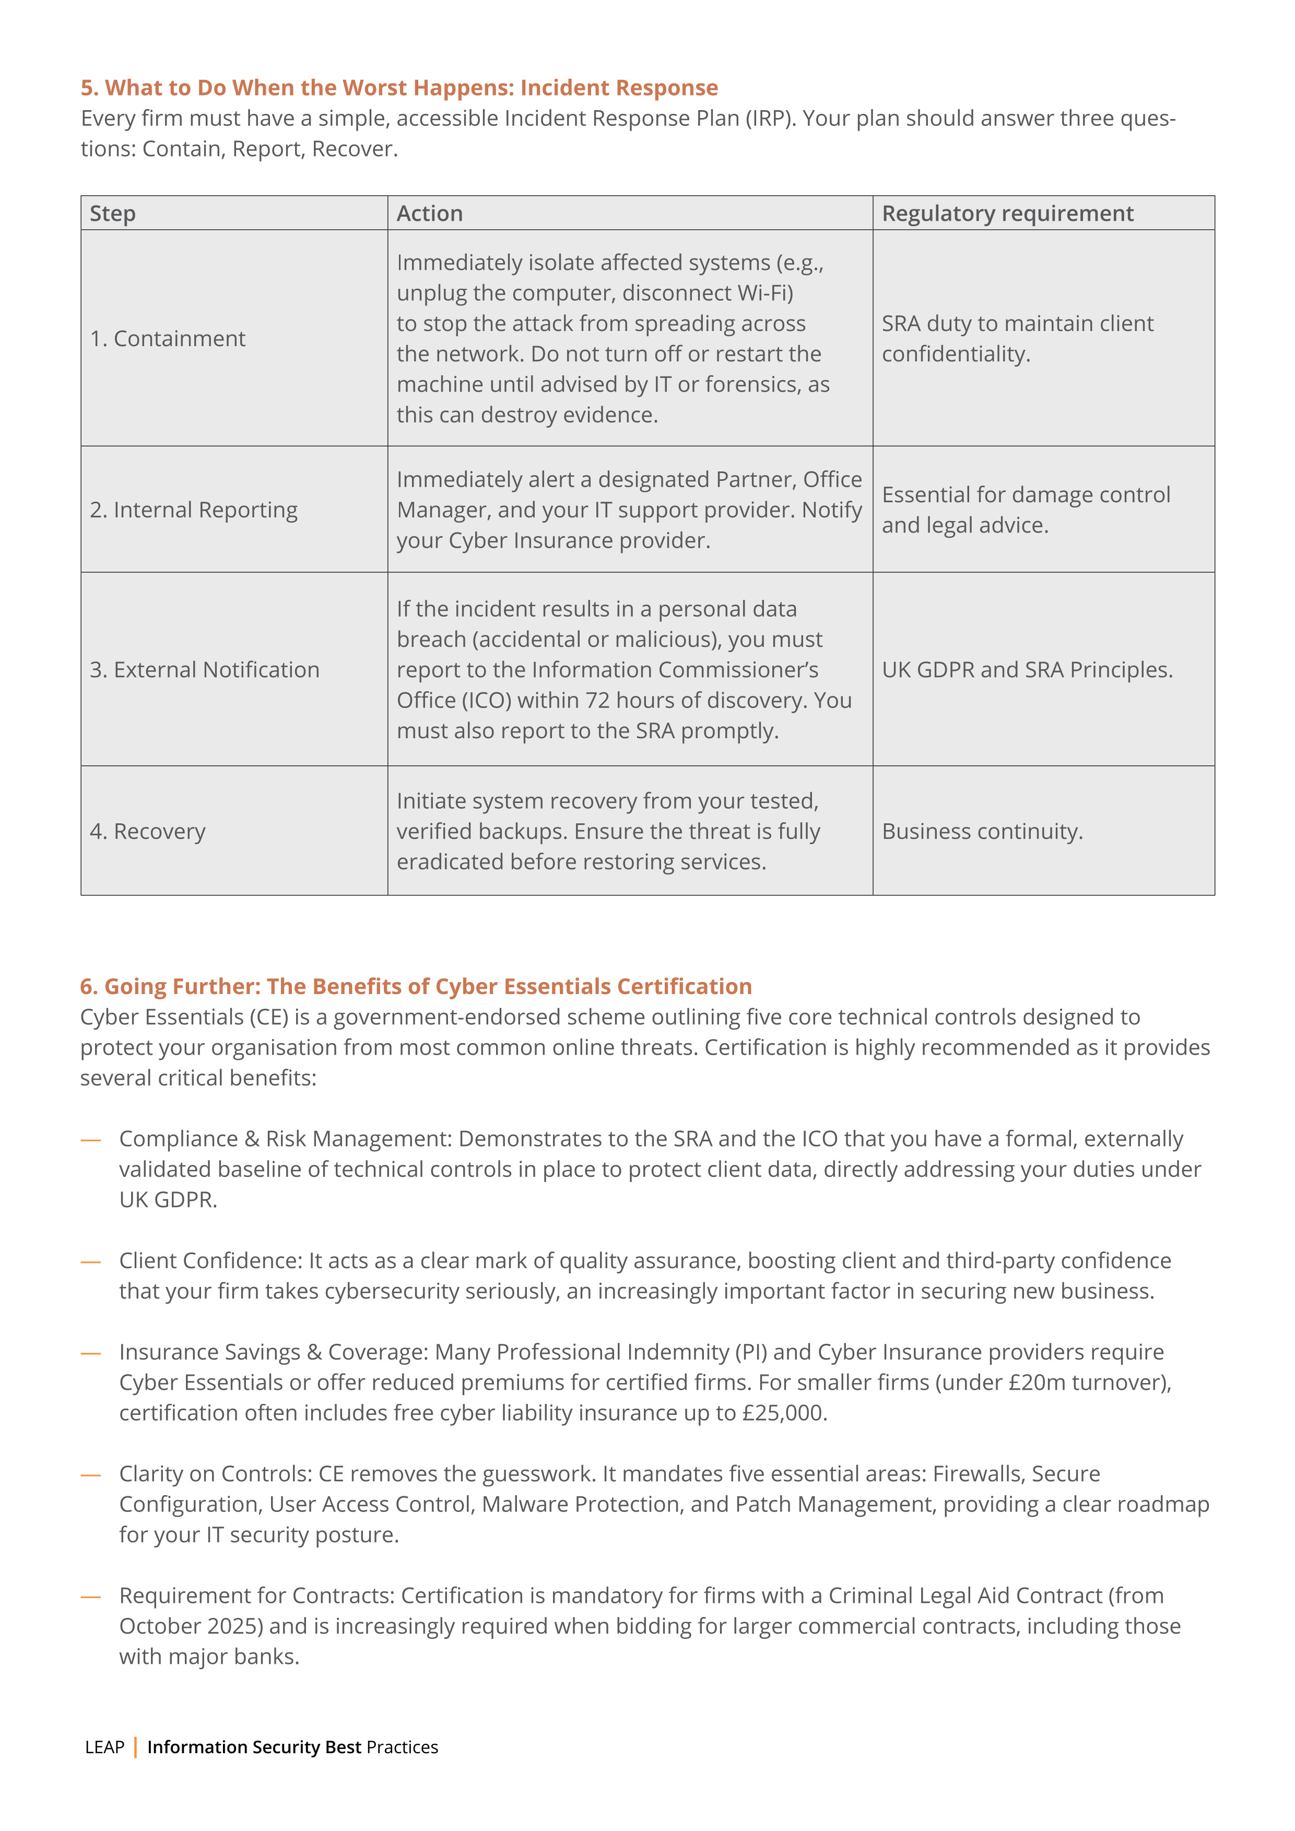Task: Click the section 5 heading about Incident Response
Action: tap(399, 88)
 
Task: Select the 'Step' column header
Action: tap(112, 214)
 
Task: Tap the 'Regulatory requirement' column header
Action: tap(1007, 214)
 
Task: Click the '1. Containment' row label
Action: tap(168, 339)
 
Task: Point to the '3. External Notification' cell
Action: tap(204, 670)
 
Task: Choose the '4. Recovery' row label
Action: tap(148, 832)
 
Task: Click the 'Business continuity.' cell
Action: tap(982, 832)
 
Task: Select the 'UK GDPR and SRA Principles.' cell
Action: tap(1027, 670)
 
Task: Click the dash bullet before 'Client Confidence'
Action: tap(91, 1261)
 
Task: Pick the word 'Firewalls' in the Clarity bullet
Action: tap(977, 1474)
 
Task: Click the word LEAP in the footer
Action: tap(104, 1747)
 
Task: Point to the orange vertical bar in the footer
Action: tap(136, 1747)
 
